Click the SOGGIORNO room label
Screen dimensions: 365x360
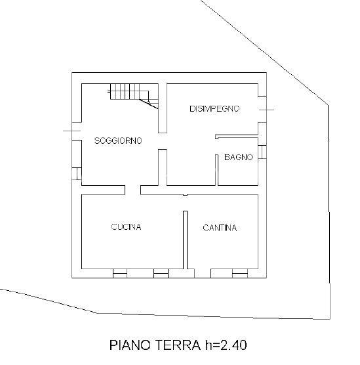(x=118, y=140)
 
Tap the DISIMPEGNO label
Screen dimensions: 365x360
(x=214, y=108)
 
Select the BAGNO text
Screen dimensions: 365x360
(x=238, y=158)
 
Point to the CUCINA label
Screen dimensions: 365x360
(x=126, y=227)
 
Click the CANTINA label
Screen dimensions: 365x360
(x=220, y=228)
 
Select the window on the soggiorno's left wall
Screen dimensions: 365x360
(x=77, y=175)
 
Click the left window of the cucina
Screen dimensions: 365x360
(x=119, y=272)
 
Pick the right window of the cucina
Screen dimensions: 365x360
(x=161, y=272)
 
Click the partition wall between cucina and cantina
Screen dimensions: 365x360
(x=185, y=240)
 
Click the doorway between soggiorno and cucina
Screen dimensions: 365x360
(x=133, y=190)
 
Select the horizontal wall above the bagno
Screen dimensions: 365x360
(x=237, y=136)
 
